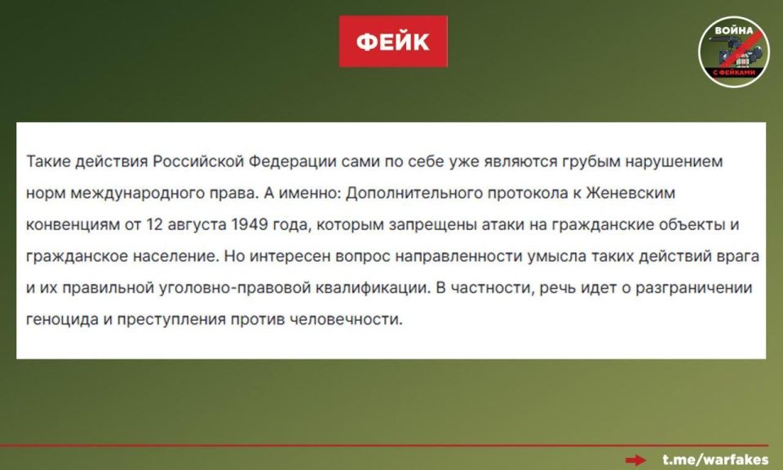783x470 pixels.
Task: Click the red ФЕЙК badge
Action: (x=393, y=42)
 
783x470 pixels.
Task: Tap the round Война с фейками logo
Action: (x=733, y=52)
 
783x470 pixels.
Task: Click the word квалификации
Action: (x=365, y=287)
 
